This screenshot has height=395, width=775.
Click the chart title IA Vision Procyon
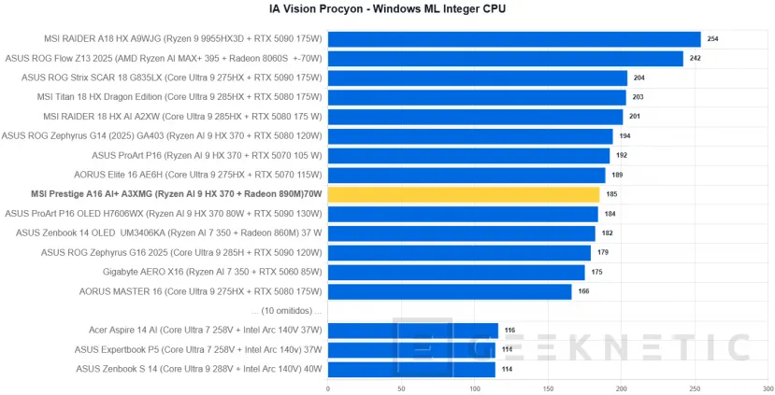[x=387, y=10]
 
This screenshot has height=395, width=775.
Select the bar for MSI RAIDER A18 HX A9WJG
[x=514, y=39]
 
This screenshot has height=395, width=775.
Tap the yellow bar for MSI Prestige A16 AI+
[x=464, y=194]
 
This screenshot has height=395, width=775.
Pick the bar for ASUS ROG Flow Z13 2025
[x=505, y=59]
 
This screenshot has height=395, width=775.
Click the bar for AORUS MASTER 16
[x=450, y=291]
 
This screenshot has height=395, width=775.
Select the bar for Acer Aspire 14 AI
[x=412, y=331]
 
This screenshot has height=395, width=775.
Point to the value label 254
[x=713, y=39]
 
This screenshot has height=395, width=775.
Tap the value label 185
[x=611, y=194]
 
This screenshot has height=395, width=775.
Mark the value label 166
[x=584, y=291]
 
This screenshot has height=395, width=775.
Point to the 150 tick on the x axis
[x=547, y=388]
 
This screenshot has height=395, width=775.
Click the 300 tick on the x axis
[x=766, y=388]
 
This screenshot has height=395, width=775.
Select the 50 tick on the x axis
[x=401, y=388]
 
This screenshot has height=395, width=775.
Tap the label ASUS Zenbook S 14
[x=198, y=369]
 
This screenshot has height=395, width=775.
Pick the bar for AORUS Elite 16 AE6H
[x=466, y=175]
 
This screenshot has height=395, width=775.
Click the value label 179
[x=603, y=253]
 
